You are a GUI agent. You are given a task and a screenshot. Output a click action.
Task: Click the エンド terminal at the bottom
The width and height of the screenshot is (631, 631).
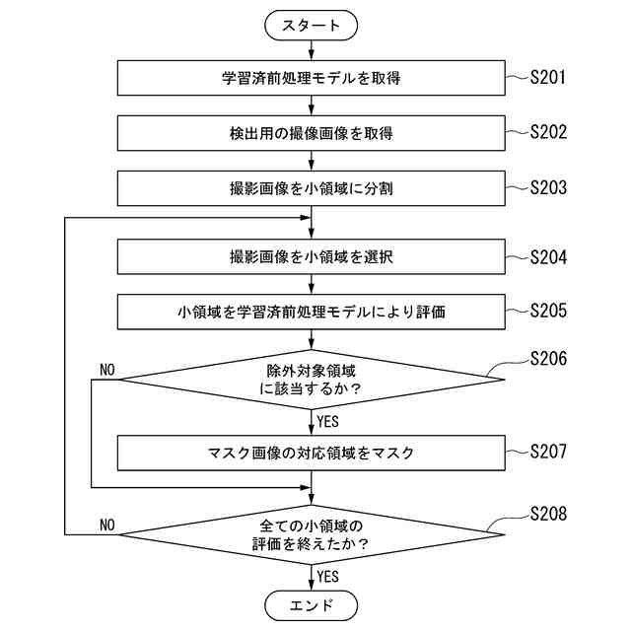click(x=312, y=604)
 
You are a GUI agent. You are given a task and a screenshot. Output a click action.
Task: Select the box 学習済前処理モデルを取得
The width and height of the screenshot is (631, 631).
click(x=312, y=77)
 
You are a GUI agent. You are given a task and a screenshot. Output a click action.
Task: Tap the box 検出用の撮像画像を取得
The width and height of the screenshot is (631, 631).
click(x=312, y=132)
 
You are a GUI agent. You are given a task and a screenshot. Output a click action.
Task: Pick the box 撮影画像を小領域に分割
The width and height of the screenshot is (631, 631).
click(x=312, y=187)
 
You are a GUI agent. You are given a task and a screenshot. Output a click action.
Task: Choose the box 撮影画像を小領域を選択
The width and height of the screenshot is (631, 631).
click(x=312, y=257)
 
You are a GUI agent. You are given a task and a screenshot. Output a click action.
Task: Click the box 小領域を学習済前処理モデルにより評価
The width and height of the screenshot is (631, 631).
click(x=312, y=313)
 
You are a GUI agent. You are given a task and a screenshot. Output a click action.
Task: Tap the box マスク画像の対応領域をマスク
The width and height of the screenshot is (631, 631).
click(x=312, y=454)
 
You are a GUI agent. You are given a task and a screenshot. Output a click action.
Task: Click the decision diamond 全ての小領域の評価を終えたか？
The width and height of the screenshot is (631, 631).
click(x=312, y=534)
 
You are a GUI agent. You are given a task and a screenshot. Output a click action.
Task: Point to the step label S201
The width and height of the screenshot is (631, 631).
click(x=548, y=76)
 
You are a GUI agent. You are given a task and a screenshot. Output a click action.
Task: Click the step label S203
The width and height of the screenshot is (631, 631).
click(x=548, y=186)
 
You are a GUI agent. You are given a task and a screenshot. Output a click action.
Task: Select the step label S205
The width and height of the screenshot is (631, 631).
click(x=548, y=312)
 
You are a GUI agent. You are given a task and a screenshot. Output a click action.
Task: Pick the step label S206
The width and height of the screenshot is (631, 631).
click(x=548, y=359)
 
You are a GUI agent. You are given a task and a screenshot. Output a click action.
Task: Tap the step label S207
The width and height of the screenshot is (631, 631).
click(x=548, y=453)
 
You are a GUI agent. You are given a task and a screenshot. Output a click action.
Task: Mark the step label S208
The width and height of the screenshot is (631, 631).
click(x=548, y=515)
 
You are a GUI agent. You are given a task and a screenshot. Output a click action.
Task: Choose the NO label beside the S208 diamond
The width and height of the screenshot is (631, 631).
click(x=107, y=524)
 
